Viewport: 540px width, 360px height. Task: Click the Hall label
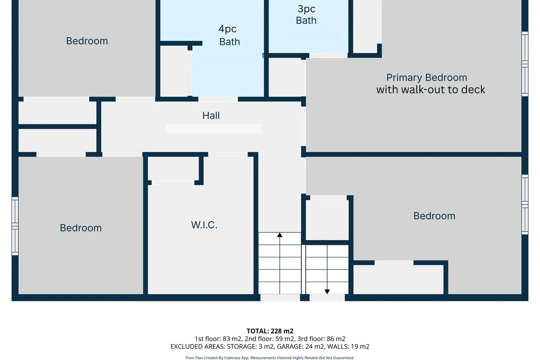pos(211,116)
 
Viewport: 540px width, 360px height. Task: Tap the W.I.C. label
pos(204,225)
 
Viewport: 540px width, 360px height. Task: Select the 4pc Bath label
pos(229,35)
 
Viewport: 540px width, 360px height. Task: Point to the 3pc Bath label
pos(306,14)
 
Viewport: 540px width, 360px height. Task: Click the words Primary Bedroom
pos(427,78)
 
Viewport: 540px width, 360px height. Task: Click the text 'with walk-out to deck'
pos(431,90)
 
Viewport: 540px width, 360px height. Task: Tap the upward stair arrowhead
pos(279,235)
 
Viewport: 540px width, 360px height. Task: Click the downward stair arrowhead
pos(327,292)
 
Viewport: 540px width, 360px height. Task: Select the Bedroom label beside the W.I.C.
pos(81,228)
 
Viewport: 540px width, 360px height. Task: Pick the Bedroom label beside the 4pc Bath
pos(87,41)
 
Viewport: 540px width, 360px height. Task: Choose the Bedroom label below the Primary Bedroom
pos(434,216)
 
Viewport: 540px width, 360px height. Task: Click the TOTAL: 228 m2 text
pos(270,331)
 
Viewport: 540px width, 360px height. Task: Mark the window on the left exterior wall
pos(15,226)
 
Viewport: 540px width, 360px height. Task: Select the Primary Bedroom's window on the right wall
pos(525,64)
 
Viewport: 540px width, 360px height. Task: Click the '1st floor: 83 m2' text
pos(218,339)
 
